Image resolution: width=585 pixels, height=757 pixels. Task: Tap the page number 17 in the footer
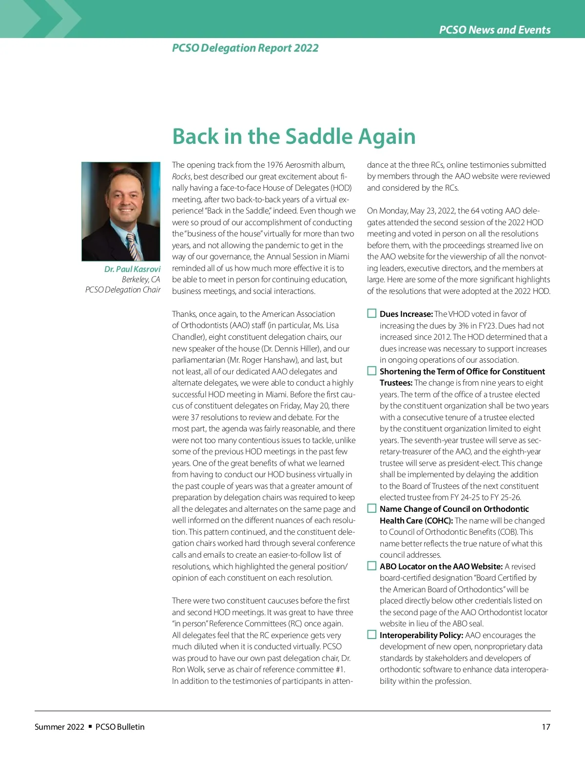click(x=546, y=727)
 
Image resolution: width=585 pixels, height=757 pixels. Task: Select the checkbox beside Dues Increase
click(x=372, y=313)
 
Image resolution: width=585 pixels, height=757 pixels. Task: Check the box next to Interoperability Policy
click(x=372, y=635)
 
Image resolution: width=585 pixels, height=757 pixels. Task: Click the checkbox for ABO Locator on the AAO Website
click(x=372, y=566)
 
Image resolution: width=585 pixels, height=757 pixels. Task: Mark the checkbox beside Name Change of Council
click(x=372, y=508)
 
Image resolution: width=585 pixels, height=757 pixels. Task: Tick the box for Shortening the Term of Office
click(x=372, y=371)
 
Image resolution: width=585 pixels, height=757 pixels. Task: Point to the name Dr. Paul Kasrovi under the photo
click(x=132, y=269)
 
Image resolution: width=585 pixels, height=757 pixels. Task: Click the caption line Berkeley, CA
click(x=141, y=279)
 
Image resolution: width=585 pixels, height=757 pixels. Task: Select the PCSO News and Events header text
click(x=494, y=30)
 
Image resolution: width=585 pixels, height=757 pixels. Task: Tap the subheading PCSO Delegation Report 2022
click(x=245, y=48)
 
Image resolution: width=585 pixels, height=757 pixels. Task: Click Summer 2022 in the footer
click(x=59, y=727)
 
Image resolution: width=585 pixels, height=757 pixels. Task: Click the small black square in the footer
click(x=90, y=726)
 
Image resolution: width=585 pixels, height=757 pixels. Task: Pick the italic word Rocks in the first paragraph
click(x=181, y=176)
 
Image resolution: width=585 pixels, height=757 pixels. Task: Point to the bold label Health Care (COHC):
click(x=416, y=521)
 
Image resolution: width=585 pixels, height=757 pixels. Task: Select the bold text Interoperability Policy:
click(x=421, y=635)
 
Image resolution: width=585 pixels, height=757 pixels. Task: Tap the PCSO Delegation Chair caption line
click(x=123, y=290)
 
